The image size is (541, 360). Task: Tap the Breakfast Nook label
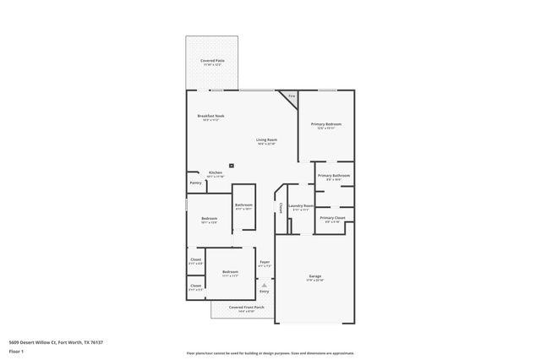[210, 116]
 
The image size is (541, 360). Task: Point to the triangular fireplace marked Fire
[291, 97]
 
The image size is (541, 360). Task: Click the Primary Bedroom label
[325, 124]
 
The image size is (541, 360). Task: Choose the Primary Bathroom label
[330, 176]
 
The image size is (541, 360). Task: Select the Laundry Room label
[301, 205]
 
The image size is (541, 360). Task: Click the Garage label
[314, 277]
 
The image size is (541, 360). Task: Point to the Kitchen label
[216, 172]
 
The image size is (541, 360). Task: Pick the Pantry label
[195, 182]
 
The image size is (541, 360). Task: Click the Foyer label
[265, 262]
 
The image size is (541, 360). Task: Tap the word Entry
[265, 292]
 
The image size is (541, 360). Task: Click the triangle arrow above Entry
[265, 286]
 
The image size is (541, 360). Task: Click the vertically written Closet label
[280, 207]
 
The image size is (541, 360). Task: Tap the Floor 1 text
[17, 351]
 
